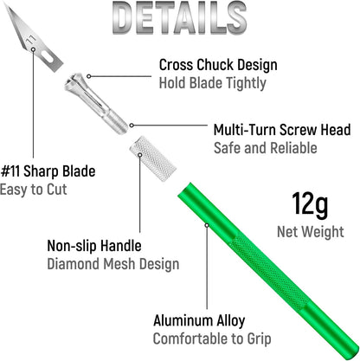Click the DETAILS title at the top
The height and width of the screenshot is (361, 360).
179,18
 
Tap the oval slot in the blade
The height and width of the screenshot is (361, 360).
48,56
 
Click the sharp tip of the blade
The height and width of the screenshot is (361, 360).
6,3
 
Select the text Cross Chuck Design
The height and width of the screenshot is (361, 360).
218,65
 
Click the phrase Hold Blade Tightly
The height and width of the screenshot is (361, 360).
213,83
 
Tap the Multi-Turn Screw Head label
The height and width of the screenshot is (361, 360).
282,130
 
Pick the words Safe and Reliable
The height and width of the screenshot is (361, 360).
266,148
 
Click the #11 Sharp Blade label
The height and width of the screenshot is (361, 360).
48,171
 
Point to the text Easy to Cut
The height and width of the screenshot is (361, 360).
34,190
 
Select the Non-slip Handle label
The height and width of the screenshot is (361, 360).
94,246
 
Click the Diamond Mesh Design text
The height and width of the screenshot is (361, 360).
113,264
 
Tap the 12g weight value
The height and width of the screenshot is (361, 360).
310,205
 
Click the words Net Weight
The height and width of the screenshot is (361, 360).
311,231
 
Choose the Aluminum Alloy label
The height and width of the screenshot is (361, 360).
199,320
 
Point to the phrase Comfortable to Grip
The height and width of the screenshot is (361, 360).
212,338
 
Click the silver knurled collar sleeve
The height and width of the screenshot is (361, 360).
153,158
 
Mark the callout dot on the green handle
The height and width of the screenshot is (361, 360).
207,225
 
